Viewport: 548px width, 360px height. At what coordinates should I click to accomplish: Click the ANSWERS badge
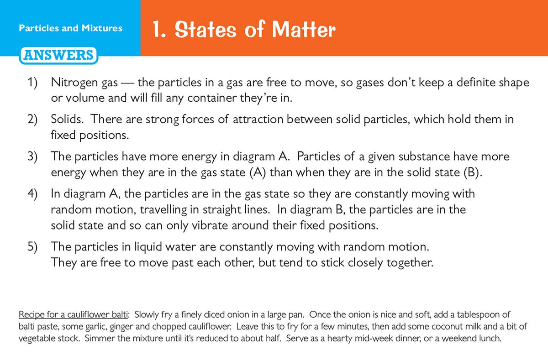(x=58, y=56)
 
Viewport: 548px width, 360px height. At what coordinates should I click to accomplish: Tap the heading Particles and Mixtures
(x=70, y=28)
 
